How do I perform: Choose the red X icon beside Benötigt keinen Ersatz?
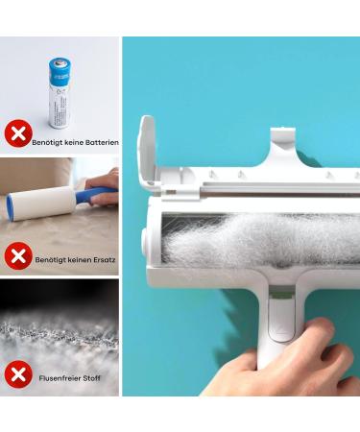(x=17, y=256)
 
